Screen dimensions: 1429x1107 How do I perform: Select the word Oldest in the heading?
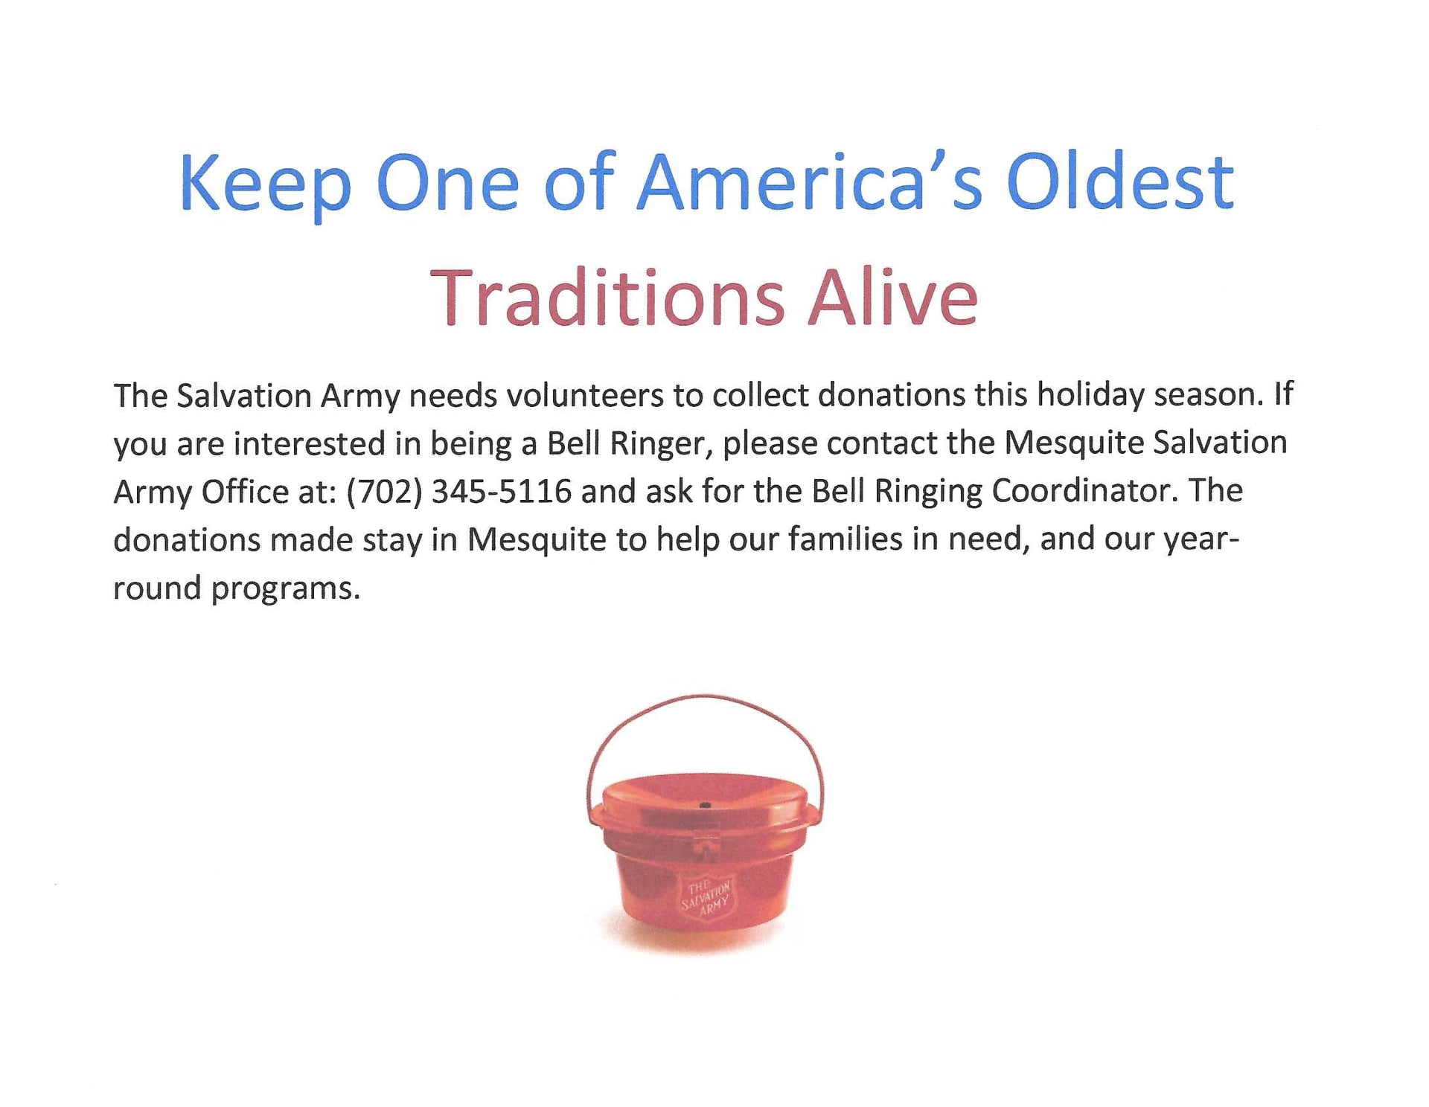(1120, 182)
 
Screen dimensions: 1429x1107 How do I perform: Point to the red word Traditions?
(607, 298)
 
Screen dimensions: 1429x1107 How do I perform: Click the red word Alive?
(893, 297)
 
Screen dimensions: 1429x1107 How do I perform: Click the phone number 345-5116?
(502, 492)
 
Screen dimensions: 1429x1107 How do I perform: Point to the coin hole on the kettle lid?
(705, 806)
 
